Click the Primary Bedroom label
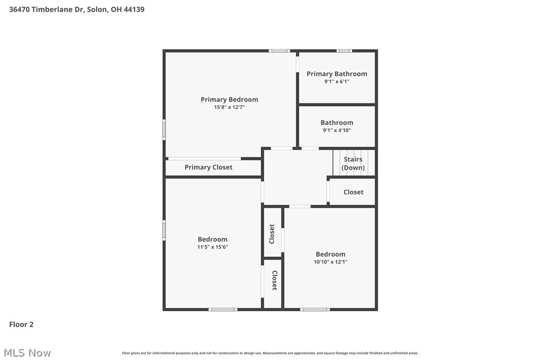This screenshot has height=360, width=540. tap(229, 99)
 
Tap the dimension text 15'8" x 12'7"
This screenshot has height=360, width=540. tap(229, 107)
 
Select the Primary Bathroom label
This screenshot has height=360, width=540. tap(337, 74)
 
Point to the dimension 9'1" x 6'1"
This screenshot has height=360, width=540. tap(337, 82)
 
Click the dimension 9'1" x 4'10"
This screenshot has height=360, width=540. tap(337, 130)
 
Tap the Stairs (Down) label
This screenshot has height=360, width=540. tap(353, 164)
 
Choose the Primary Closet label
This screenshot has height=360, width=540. tap(208, 167)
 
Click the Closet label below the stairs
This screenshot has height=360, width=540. tap(353, 192)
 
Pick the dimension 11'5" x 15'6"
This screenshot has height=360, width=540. tap(212, 247)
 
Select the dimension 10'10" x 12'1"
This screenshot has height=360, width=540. tap(330, 262)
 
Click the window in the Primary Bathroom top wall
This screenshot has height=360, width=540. tap(344, 51)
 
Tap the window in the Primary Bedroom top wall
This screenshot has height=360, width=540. tap(279, 51)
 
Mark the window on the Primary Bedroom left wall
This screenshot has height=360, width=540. tap(164, 130)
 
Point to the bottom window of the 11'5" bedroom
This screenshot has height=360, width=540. tap(223, 309)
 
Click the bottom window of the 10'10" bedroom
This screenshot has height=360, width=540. tap(315, 309)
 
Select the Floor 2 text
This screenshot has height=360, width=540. tap(21, 325)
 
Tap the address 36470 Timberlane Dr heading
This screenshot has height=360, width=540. tap(77, 9)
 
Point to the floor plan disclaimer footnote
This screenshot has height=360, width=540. tap(270, 353)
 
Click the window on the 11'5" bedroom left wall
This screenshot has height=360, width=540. tap(164, 231)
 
